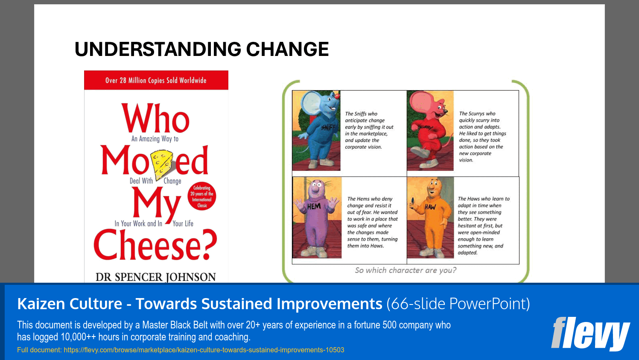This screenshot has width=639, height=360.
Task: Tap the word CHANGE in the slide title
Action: [287, 50]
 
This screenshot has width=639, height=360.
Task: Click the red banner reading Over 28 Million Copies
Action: [156, 80]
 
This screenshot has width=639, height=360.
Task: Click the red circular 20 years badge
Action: [202, 196]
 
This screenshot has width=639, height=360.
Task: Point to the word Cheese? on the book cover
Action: [155, 245]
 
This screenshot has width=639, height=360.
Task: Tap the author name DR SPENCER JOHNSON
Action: [156, 277]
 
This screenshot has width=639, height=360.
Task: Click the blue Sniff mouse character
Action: [316, 130]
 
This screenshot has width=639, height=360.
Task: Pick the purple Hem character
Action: [317, 217]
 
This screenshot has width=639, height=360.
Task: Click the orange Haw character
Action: [430, 217]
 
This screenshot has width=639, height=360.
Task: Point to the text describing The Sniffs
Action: [369, 130]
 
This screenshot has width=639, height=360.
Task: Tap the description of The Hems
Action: [372, 222]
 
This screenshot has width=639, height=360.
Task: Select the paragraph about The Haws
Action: [483, 225]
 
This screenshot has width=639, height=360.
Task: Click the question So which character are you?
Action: [406, 270]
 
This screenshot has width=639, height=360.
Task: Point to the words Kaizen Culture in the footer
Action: [70, 304]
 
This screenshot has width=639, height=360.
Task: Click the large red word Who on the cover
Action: [155, 119]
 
